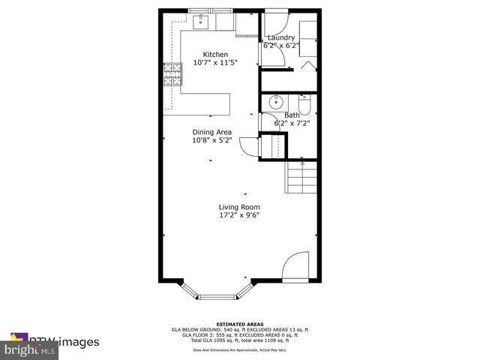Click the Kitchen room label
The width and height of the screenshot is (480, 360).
(215, 54)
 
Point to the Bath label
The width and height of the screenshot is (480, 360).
(291, 115)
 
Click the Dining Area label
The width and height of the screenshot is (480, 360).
(211, 131)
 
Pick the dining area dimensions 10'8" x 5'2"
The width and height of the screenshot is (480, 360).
(211, 139)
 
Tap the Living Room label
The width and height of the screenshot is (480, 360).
(238, 207)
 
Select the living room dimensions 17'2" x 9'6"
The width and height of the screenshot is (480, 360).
(238, 216)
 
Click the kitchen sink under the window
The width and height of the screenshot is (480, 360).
(202, 22)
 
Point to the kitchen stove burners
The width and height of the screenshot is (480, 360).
(173, 73)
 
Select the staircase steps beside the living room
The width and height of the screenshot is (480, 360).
(301, 180)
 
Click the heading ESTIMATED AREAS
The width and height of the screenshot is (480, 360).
(240, 323)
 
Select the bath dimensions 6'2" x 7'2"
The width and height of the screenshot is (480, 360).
(291, 123)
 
